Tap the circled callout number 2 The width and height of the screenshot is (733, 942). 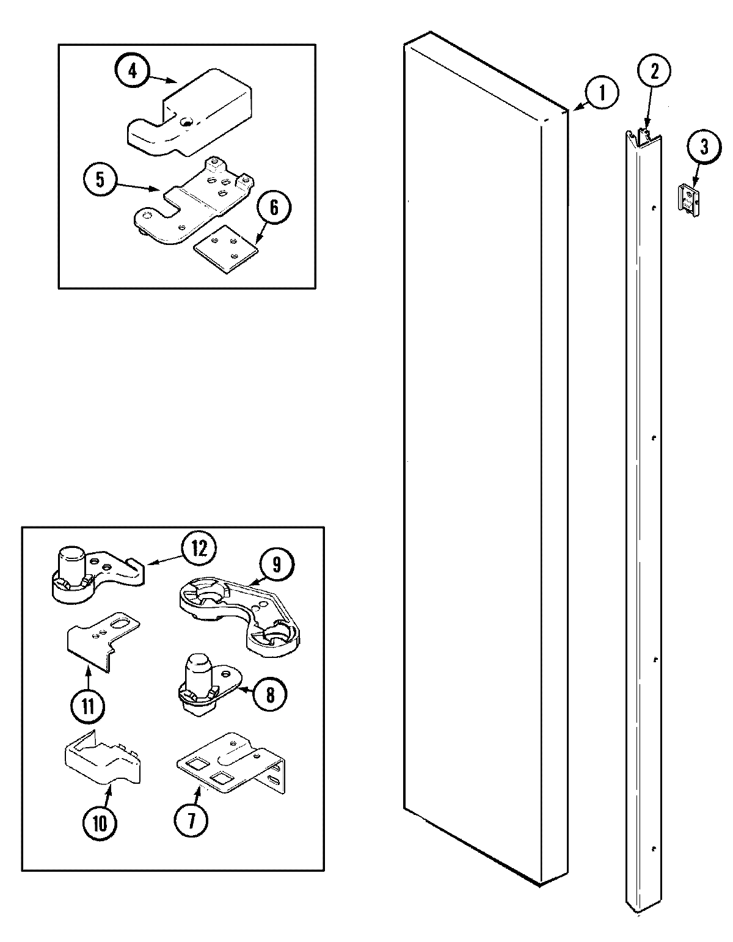point(654,73)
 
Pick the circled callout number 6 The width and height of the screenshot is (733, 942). point(273,208)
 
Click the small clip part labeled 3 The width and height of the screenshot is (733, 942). point(690,200)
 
